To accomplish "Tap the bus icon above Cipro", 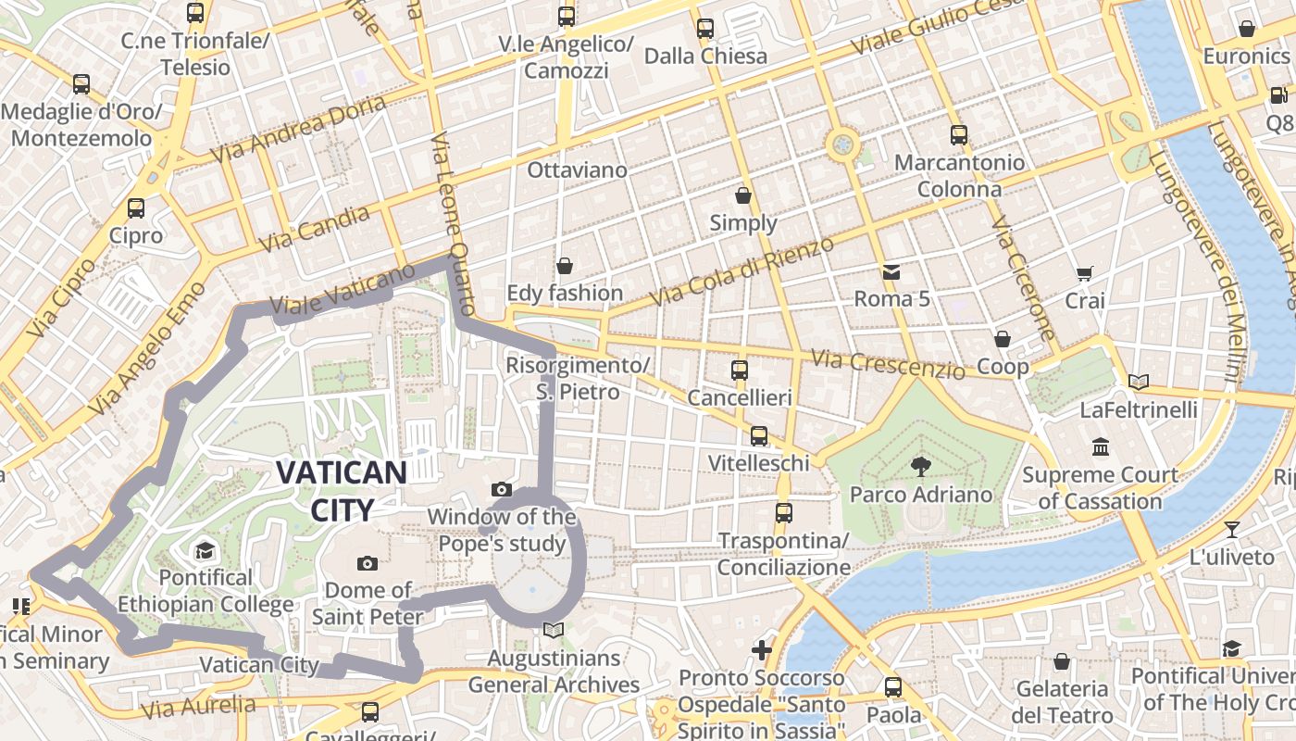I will pos(136,208).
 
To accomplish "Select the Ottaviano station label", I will pos(577,170).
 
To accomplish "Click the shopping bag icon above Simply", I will pos(743,195).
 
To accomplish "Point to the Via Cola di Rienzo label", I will pos(741,271).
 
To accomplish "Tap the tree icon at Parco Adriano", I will pos(920,466).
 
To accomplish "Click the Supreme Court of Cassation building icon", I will pos(1101,447).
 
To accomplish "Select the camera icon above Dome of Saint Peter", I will pos(368,563).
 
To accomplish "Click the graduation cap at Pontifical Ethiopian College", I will pos(205,551).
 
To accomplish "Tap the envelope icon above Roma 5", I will pos(891,272).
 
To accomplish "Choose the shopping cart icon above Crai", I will pos(1085,273).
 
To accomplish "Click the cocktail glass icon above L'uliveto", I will pos(1232,530).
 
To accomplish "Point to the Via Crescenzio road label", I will pos(887,363).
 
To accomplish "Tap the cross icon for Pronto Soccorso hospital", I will pos(762,650).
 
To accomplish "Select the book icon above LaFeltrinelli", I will pos(1139,382).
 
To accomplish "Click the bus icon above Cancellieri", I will pos(740,370).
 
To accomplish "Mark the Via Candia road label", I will pos(315,230).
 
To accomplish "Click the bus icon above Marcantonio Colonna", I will pos(959,135).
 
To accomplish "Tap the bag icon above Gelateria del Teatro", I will pos(1061,661).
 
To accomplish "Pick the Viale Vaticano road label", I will pos(343,291).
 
